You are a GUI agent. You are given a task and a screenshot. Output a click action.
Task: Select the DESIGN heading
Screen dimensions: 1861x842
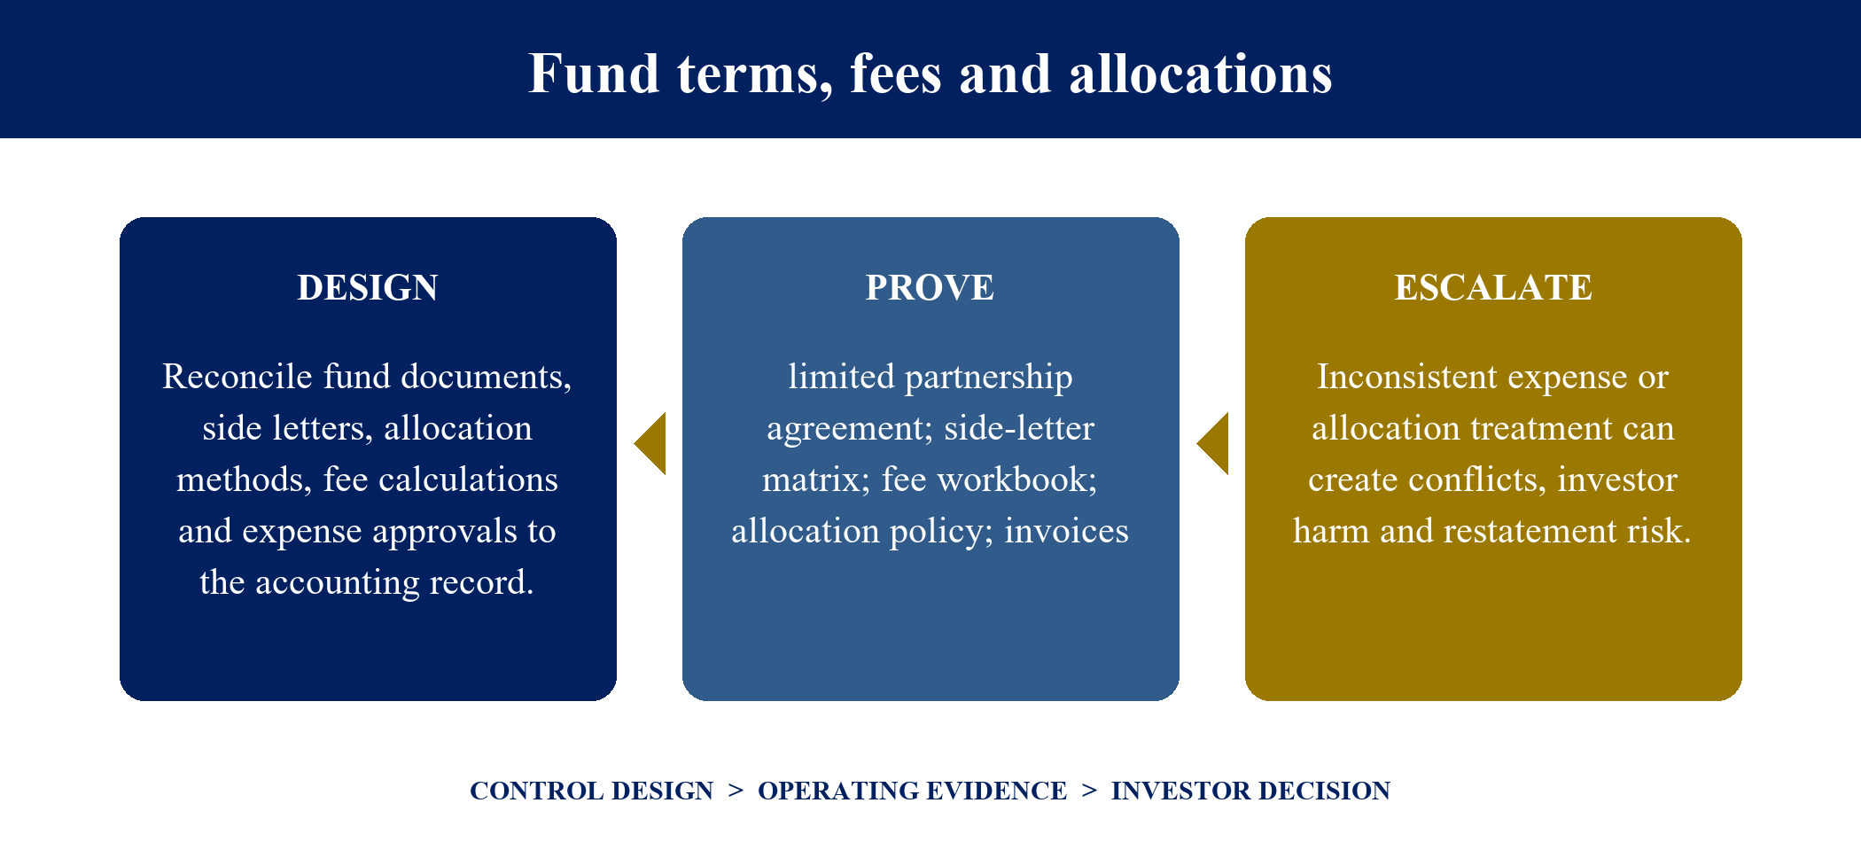pos(368,287)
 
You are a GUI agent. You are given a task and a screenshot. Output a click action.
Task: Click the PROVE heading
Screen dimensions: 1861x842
pos(930,287)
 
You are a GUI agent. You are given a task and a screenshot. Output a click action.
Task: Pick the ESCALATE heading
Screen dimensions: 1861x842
pos(1493,287)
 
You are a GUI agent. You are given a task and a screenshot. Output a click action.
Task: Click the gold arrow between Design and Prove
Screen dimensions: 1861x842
pos(650,443)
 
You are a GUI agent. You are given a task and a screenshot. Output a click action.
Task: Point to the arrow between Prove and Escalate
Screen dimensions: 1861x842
pos(1213,443)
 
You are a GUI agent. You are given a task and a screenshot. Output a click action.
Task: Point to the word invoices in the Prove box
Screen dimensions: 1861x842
pos(1066,531)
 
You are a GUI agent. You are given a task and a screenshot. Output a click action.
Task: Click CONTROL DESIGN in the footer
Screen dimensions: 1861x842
pos(591,791)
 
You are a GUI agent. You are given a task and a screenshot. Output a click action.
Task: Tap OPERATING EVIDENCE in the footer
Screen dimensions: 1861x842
pos(912,791)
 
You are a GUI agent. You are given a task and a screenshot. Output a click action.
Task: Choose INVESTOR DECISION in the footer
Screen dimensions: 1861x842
pos(1250,791)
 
